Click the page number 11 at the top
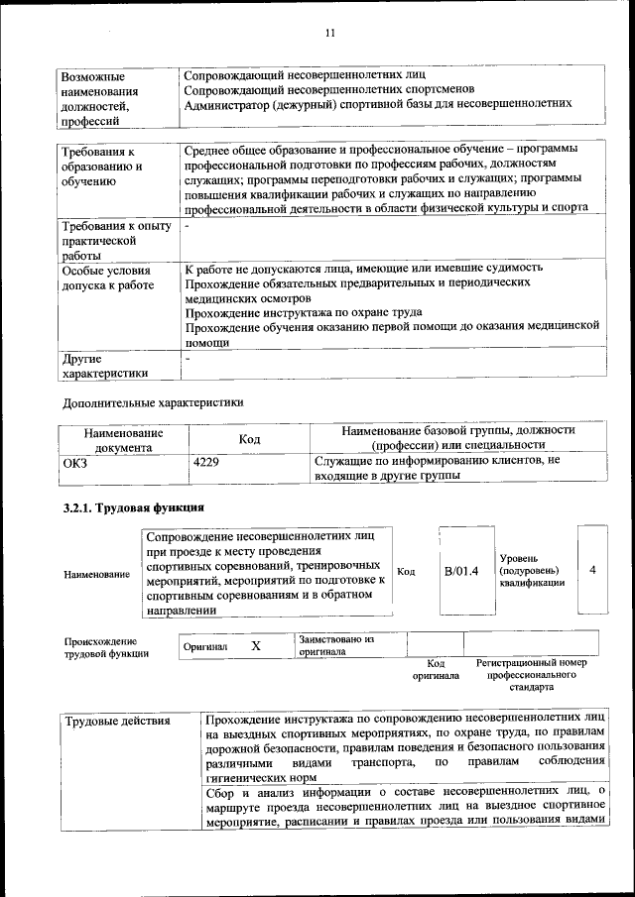point(330,33)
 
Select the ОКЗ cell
point(75,461)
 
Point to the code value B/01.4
point(461,572)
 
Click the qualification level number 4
point(592,571)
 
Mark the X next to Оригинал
point(255,646)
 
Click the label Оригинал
point(205,647)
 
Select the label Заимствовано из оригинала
point(335,646)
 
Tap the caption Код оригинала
point(436,669)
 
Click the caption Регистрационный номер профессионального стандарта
point(531,674)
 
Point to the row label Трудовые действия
point(117,721)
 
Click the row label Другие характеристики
point(105,366)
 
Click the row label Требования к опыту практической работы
point(115,241)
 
